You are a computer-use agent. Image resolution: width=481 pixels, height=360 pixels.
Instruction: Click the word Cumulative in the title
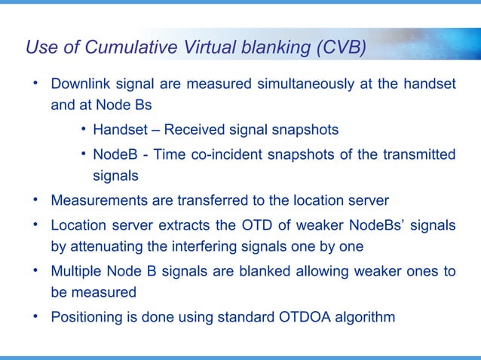point(128,49)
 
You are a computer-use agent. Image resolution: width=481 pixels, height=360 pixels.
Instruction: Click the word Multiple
point(75,270)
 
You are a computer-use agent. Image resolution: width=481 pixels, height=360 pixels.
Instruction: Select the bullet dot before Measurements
point(35,200)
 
